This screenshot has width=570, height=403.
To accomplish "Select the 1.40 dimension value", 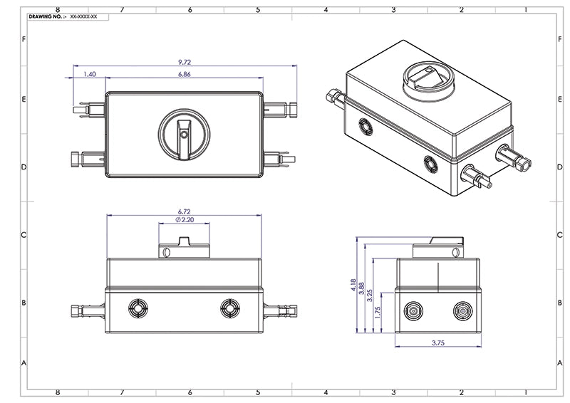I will pyautogui.click(x=90, y=74).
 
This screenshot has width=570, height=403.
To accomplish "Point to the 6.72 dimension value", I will pyautogui.click(x=185, y=211).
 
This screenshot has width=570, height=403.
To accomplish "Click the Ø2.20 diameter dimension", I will pyautogui.click(x=184, y=220).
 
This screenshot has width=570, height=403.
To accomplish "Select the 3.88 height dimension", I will pyautogui.click(x=362, y=290).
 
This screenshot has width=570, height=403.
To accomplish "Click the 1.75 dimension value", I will pyautogui.click(x=378, y=311).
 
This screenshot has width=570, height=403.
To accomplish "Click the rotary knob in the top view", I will pyautogui.click(x=185, y=133).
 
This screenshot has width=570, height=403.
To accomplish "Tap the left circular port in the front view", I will pyautogui.click(x=138, y=308).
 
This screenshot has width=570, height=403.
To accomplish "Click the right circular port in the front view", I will pyautogui.click(x=229, y=308).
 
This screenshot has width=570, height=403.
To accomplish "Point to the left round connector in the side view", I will pyautogui.click(x=413, y=311).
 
